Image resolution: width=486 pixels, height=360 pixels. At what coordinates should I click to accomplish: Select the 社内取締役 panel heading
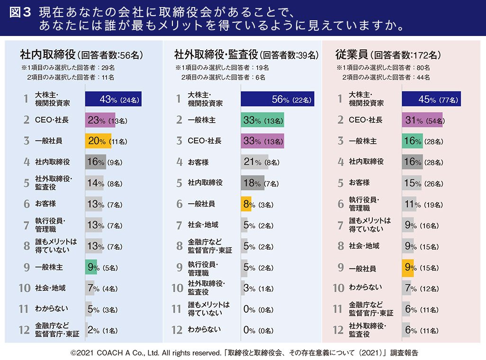(x=47, y=54)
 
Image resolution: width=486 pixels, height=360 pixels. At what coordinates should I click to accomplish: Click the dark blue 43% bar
(x=113, y=99)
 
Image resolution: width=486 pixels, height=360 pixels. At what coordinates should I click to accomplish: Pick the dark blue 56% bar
(x=277, y=99)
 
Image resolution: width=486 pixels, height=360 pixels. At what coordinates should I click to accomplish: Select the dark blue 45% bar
(x=431, y=99)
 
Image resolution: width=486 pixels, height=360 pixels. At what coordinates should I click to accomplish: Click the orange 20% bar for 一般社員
(x=98, y=141)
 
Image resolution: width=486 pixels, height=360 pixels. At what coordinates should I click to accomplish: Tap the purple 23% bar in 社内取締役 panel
(x=100, y=120)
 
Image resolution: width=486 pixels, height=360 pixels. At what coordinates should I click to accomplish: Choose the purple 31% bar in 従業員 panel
(x=422, y=120)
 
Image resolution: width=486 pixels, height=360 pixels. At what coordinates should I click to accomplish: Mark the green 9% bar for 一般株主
(x=91, y=267)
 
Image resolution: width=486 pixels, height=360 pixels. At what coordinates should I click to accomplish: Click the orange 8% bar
(x=246, y=204)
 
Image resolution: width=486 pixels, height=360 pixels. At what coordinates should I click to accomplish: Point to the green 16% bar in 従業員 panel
(x=412, y=141)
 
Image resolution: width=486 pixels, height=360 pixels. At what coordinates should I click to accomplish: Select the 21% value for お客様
(x=250, y=162)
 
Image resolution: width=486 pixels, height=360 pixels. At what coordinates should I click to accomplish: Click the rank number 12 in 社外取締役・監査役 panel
(x=177, y=330)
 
